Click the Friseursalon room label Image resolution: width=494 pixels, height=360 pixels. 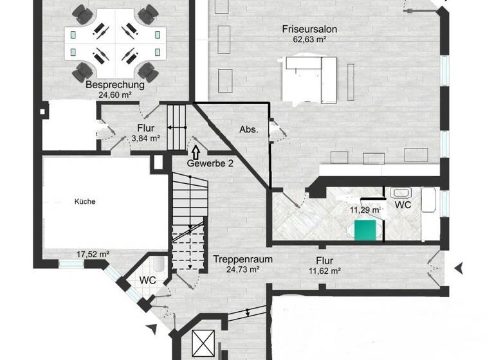pyautogui.click(x=309, y=29)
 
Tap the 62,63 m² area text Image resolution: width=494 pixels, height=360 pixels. pyautogui.click(x=310, y=39)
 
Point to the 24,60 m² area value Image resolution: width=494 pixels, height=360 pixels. pyautogui.click(x=114, y=94)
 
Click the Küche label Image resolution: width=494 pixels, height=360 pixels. pyautogui.click(x=85, y=201)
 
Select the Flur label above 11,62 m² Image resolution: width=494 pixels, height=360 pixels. pyautogui.click(x=324, y=260)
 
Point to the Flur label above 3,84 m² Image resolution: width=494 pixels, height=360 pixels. pyautogui.click(x=146, y=127)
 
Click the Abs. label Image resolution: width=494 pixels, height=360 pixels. pyautogui.click(x=249, y=129)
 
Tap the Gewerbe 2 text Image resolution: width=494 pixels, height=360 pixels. pyautogui.click(x=210, y=163)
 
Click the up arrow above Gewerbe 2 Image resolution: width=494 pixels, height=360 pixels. pyautogui.click(x=195, y=152)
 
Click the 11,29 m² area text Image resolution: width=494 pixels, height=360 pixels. pyautogui.click(x=365, y=210)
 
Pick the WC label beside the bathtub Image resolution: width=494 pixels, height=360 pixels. pyautogui.click(x=403, y=205)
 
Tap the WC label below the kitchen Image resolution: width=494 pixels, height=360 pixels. pyautogui.click(x=149, y=280)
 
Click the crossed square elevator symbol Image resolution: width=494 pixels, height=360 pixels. pyautogui.click(x=201, y=341)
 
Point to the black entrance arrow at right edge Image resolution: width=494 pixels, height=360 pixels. pyautogui.click(x=459, y=267)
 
